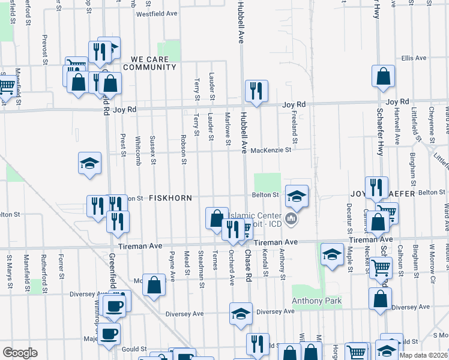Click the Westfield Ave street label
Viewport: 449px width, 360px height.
pos(157,14)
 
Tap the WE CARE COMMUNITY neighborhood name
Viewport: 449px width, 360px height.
pos(154,67)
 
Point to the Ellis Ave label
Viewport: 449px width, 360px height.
pos(414,58)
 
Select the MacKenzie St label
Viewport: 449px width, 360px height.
pos(271,150)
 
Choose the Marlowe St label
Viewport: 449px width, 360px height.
pos(228,128)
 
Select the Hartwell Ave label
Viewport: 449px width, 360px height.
pos(397,130)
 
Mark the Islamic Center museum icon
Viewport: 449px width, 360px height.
pos(292,218)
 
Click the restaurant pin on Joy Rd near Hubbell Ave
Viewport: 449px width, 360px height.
pos(256,91)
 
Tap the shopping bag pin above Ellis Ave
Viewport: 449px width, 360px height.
pos(383,77)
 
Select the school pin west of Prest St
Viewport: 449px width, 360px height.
pos(89,163)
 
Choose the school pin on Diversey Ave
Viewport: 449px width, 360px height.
pos(241,314)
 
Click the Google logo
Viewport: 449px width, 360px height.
pos(20,353)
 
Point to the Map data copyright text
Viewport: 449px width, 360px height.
pos(423,355)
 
